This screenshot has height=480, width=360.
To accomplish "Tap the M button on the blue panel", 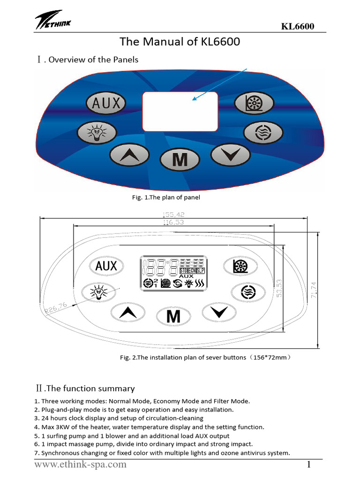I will pyautogui.click(x=180, y=160).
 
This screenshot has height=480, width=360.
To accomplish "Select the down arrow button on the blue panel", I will pyautogui.click(x=230, y=154).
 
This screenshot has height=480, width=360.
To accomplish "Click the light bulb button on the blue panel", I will pyautogui.click(x=97, y=133).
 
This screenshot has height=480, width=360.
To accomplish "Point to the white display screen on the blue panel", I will pyautogui.click(x=180, y=112).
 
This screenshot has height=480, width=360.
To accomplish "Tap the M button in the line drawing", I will pyautogui.click(x=173, y=316).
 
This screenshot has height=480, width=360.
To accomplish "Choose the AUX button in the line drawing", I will pyautogui.click(x=106, y=266).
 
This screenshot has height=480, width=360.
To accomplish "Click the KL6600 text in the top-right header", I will pyautogui.click(x=297, y=26).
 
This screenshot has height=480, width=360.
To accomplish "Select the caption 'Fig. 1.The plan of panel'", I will pyautogui.click(x=166, y=197).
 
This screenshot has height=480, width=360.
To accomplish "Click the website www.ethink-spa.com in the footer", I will pyautogui.click(x=80, y=465).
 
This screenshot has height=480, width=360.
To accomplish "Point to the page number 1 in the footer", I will pyautogui.click(x=309, y=465).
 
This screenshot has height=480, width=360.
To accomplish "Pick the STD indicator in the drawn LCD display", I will pyautogui.click(x=184, y=270).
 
